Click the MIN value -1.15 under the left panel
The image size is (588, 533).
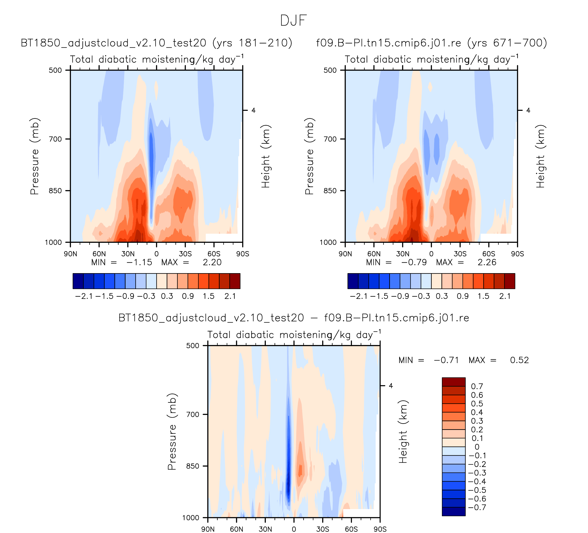click(139, 262)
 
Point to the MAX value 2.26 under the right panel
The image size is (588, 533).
click(487, 262)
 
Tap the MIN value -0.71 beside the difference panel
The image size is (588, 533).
click(446, 360)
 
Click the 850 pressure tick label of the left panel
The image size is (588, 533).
click(55, 190)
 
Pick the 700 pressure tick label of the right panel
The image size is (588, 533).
click(330, 139)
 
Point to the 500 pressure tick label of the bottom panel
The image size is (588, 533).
click(193, 345)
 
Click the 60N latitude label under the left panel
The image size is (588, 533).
click(99, 254)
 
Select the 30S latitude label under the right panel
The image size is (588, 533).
click(460, 254)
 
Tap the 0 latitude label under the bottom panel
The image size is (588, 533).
click(294, 529)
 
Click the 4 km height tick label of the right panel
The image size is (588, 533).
click(528, 110)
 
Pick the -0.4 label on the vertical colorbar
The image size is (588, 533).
click(477, 481)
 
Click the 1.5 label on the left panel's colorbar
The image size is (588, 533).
click(208, 296)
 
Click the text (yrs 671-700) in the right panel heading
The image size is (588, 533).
click(507, 43)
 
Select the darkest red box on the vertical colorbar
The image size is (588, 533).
click(454, 382)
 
